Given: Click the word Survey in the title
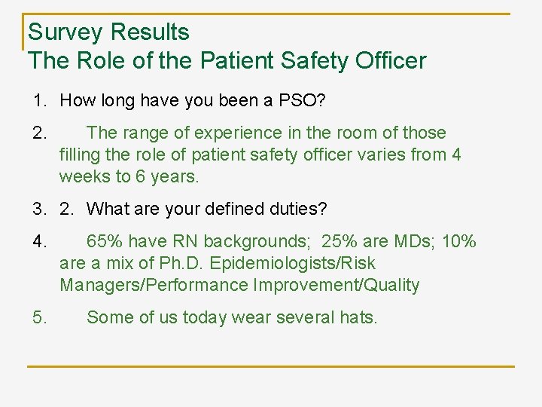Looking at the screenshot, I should pos(66,32).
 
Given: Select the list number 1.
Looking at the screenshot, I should pos(38,100).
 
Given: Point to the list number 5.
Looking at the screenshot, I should pos(40,317).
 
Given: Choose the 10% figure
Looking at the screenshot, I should pos(458,242).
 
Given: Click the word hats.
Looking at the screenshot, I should pos(358,317).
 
